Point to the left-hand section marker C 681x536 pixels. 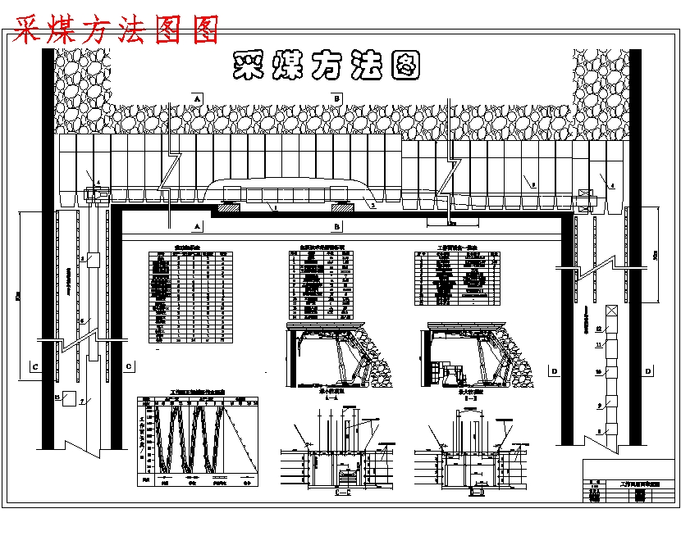(34, 366)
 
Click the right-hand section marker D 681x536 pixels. (649, 372)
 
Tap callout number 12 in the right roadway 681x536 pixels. (599, 328)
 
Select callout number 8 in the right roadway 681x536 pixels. (598, 430)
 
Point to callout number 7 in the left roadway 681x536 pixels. (82, 402)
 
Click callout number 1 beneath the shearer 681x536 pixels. (276, 209)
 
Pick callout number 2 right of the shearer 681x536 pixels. (372, 207)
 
